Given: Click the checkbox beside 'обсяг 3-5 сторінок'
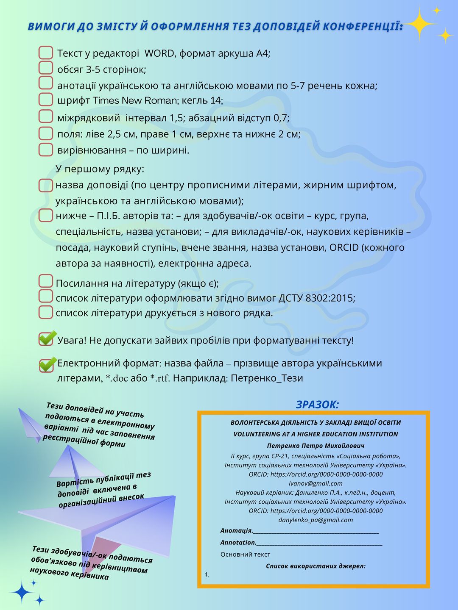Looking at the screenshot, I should point(45,68).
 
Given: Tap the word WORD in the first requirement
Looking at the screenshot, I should point(159,53).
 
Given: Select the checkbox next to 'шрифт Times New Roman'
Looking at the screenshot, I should point(45,99).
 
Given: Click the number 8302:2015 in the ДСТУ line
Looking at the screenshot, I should point(330,298).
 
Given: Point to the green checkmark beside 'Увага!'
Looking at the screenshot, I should point(47,338).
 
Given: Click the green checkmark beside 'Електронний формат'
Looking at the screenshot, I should point(47,364).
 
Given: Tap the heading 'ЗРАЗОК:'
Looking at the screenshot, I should point(317,405).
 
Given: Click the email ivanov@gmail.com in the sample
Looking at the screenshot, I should point(316,483).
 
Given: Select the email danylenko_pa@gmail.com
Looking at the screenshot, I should point(316,520).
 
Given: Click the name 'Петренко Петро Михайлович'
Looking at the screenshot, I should point(316,446).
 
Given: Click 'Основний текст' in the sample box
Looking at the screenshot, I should point(245,554).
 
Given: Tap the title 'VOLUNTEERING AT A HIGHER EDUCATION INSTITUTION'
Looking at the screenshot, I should point(316,434).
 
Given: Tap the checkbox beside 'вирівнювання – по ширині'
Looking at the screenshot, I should point(45,150).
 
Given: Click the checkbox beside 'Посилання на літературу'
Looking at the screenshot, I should point(45,281).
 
